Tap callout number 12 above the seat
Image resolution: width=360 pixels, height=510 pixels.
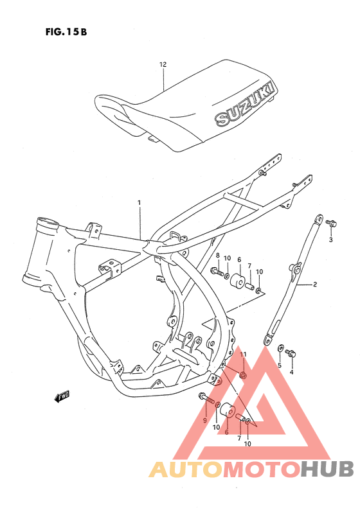163,65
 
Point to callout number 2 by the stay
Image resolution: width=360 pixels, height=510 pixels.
315,283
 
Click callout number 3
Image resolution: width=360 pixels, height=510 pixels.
331,240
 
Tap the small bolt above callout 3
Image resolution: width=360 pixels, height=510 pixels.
331,223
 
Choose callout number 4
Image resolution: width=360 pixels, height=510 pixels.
291,372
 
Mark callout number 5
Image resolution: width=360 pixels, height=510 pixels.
280,365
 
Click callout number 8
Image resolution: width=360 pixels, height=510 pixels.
217,256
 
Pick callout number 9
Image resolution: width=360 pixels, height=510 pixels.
204,419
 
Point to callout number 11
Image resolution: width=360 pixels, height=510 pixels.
243,355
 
